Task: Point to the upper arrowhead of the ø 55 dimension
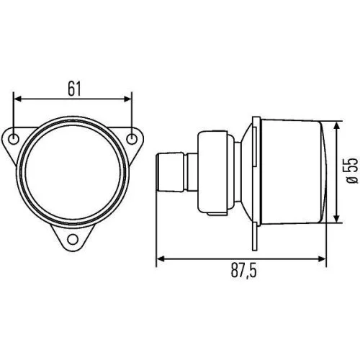(338, 124)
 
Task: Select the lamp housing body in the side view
(288, 171)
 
